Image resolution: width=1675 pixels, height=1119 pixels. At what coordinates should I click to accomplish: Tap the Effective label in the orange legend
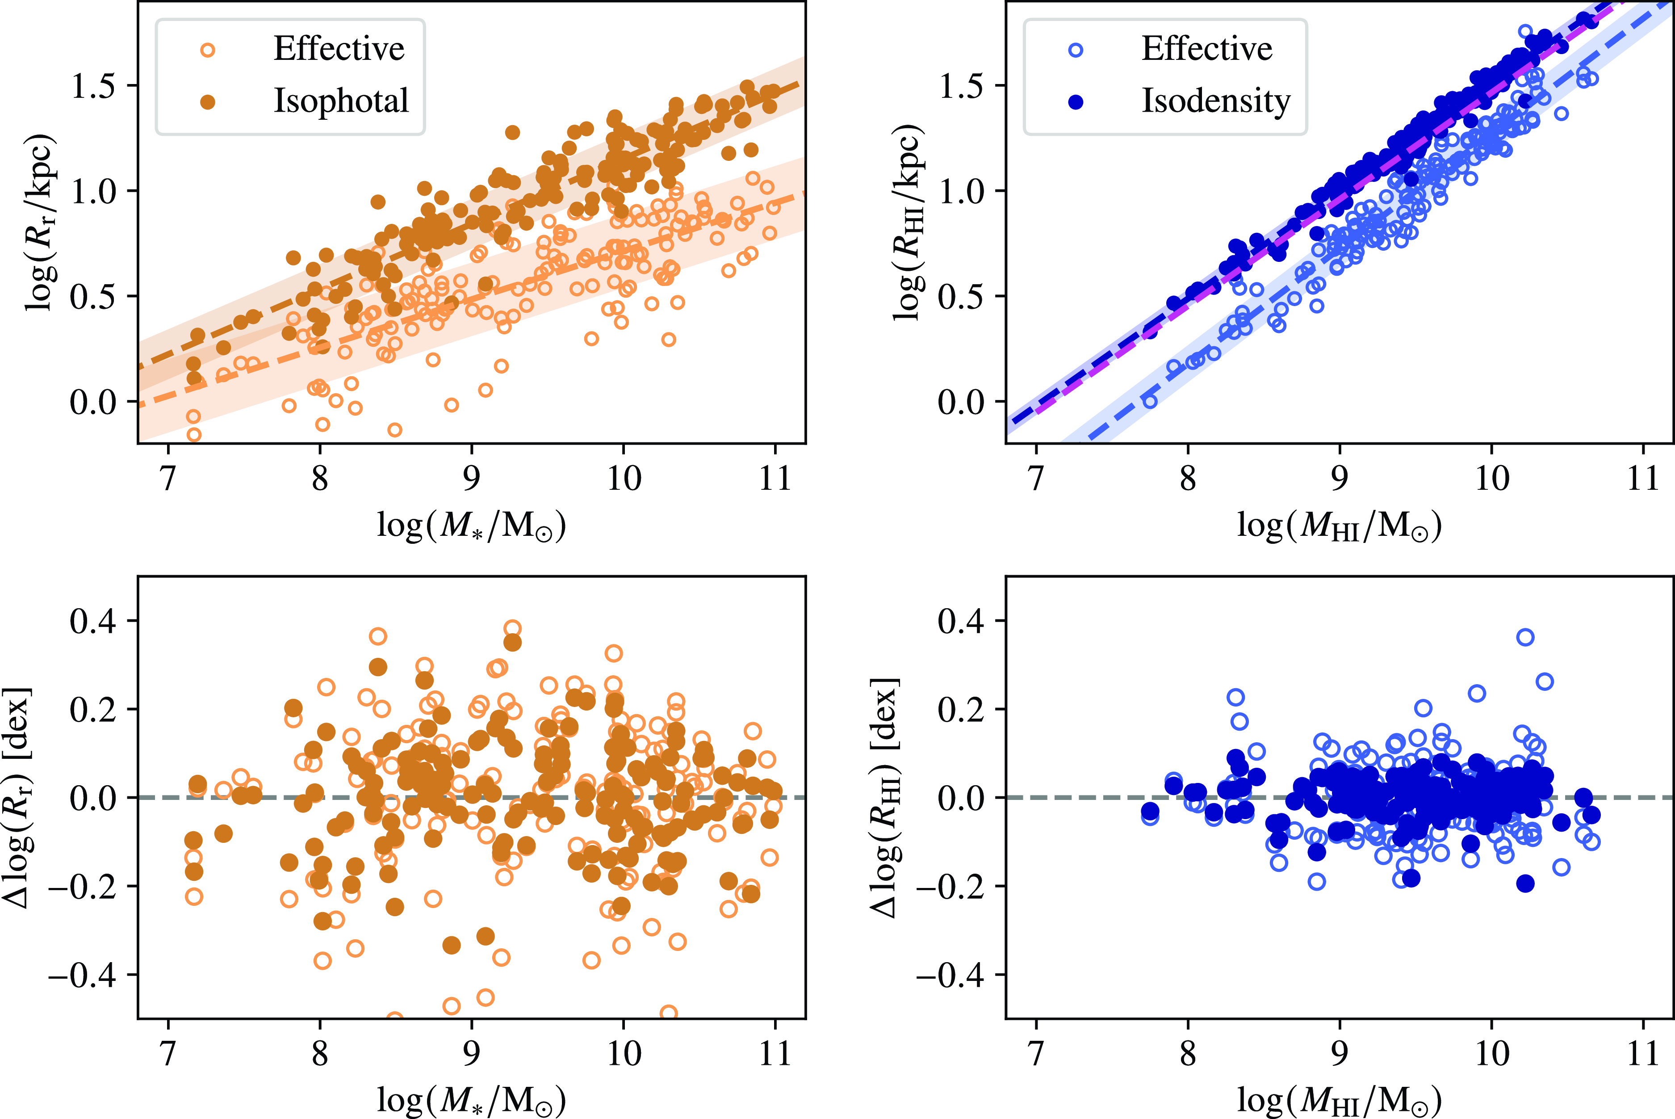point(339,49)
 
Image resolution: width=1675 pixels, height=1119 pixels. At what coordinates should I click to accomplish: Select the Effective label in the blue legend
point(1206,49)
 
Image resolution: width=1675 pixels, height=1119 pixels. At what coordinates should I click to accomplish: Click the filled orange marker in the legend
point(208,102)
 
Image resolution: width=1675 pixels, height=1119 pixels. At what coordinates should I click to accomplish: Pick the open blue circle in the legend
point(1076,50)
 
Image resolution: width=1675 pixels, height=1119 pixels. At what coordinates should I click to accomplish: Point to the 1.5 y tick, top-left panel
point(93,86)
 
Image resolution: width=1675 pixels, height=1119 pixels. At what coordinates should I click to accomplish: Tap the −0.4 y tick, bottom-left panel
point(82,975)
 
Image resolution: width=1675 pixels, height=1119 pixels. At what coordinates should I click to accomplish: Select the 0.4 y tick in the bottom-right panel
point(960,621)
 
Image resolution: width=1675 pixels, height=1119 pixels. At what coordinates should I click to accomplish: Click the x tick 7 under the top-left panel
point(167,478)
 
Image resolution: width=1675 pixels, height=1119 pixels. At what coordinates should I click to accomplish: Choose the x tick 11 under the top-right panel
point(1643,478)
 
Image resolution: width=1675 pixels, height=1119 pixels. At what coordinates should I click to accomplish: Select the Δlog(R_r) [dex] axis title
point(18,798)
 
